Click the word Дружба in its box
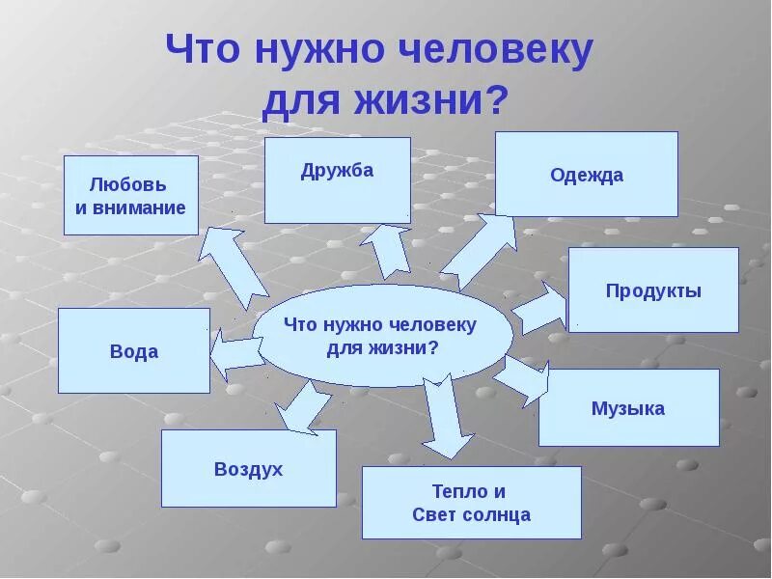click(337, 171)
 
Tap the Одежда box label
click(587, 176)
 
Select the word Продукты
click(653, 290)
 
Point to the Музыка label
click(628, 408)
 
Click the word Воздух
click(248, 469)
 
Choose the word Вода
click(134, 352)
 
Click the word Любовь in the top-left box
click(128, 184)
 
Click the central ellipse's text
click(381, 336)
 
